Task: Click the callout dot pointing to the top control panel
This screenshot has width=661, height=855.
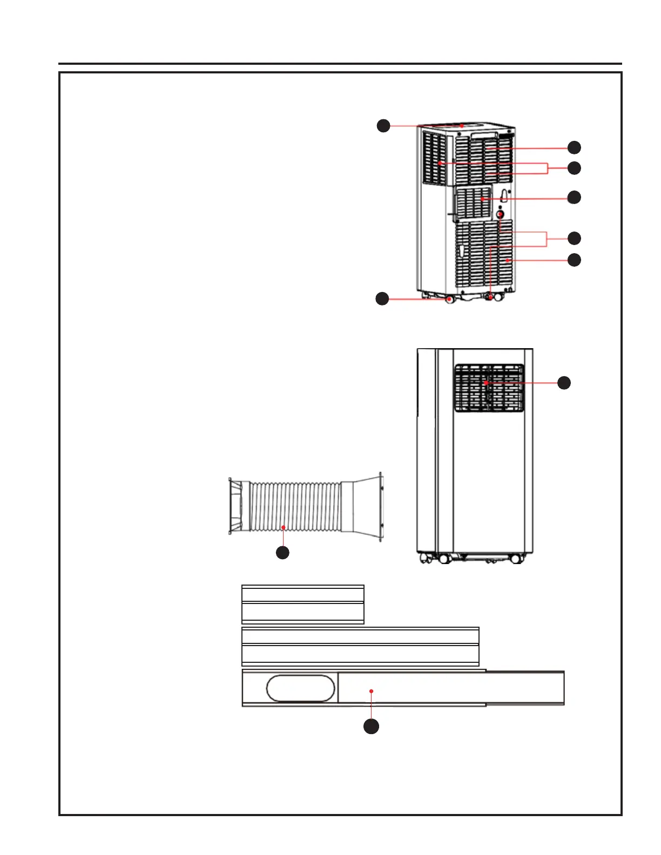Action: pos(383,126)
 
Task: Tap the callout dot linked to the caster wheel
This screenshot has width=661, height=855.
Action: pos(382,298)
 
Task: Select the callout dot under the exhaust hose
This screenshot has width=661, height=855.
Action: pos(282,552)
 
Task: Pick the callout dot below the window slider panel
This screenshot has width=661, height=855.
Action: pos(371,726)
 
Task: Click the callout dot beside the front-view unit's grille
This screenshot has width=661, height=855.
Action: pos(564,383)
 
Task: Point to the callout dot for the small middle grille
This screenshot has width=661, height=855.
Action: pos(574,197)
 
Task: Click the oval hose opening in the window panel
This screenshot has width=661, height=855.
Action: pos(301,688)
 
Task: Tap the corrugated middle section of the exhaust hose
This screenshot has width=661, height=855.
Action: pos(294,506)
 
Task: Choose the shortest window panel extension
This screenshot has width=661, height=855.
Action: pos(302,604)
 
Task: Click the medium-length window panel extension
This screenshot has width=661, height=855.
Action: pos(360,646)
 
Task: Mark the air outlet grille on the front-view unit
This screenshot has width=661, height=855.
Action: pos(489,388)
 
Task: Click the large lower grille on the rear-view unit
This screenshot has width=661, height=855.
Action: pos(483,254)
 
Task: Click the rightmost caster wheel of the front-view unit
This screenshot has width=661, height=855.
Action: pos(516,559)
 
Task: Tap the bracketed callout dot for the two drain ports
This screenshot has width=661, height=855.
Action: pos(574,238)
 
